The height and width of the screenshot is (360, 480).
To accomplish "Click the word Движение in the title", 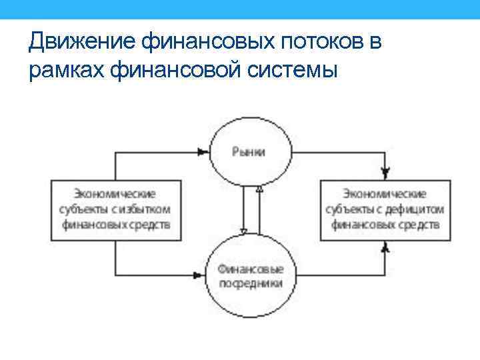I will (x=83, y=42).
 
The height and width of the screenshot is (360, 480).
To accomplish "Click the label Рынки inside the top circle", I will (x=249, y=151).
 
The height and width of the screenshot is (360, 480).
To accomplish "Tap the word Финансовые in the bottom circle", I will (x=250, y=269).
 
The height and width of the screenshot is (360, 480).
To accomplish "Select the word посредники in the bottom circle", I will (x=250, y=283).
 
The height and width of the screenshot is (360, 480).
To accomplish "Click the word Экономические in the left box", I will (x=115, y=194).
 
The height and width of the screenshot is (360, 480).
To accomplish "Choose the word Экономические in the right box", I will (x=385, y=194).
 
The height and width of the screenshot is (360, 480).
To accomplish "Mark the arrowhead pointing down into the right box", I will (x=385, y=173).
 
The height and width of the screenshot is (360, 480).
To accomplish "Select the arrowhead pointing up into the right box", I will (x=385, y=246).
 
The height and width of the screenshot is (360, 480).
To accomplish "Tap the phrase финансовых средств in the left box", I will (x=116, y=225).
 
